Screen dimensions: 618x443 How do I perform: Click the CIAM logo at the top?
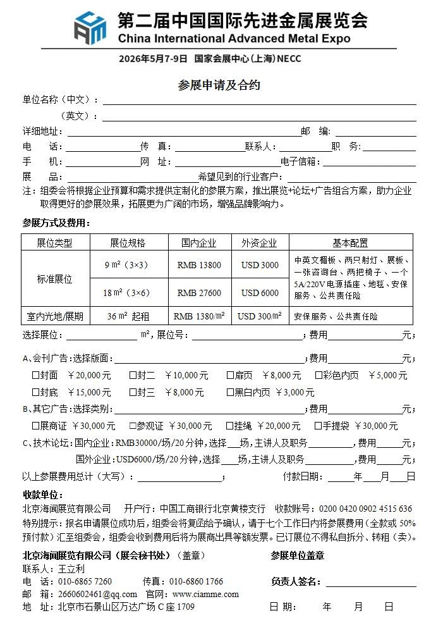pyautogui.click(x=91, y=27)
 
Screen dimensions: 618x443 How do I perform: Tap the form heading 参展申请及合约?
pyautogui.click(x=219, y=85)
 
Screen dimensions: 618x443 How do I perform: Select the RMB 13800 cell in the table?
pyautogui.click(x=199, y=265)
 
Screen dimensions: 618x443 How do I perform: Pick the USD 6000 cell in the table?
pyautogui.click(x=260, y=293)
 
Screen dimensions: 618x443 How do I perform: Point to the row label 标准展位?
pyautogui.click(x=55, y=279)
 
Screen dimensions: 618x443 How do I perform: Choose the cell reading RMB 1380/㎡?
pyautogui.click(x=199, y=316)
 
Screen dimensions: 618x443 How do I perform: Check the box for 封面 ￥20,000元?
pyautogui.click(x=36, y=375)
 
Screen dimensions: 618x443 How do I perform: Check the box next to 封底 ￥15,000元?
pyautogui.click(x=36, y=392)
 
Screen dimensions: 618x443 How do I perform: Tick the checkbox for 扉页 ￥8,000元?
pyautogui.click(x=231, y=375)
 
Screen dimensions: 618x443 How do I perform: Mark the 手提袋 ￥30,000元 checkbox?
pyautogui.click(x=319, y=426)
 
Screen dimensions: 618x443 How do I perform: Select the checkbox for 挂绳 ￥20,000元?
pyautogui.click(x=231, y=426)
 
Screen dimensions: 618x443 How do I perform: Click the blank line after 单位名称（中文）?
pyautogui.click(x=259, y=101)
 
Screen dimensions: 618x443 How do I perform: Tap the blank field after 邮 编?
pyautogui.click(x=375, y=132)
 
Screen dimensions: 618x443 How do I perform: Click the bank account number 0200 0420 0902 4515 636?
pyautogui.click(x=365, y=509)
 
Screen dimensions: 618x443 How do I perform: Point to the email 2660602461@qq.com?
pyautogui.click(x=96, y=594)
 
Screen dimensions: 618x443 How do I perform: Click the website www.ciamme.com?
pyautogui.click(x=205, y=594)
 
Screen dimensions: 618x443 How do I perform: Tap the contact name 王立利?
pyautogui.click(x=71, y=569)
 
